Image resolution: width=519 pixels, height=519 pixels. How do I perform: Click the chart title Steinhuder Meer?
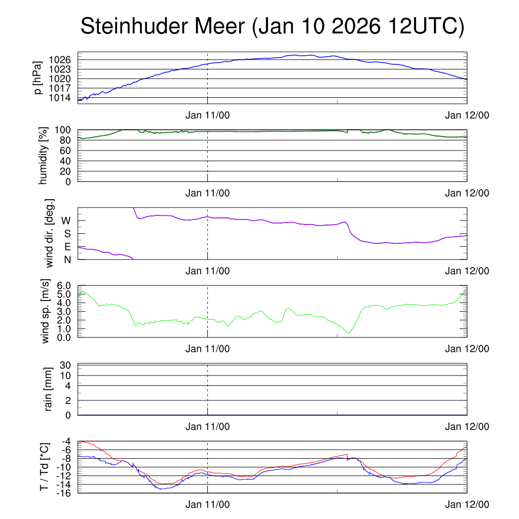point(272,27)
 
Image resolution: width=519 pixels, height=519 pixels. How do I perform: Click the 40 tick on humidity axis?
point(67,161)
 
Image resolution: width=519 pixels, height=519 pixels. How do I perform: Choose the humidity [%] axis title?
point(44,156)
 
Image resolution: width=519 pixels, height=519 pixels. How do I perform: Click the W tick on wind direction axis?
point(66,221)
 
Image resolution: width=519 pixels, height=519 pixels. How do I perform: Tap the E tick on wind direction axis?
point(67,247)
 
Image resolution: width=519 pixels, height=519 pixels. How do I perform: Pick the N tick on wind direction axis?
point(67,259)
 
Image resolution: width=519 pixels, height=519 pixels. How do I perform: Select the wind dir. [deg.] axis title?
point(50,233)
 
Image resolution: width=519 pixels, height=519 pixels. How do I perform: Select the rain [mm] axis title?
point(49,389)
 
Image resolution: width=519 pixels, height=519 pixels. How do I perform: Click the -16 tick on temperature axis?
point(64,492)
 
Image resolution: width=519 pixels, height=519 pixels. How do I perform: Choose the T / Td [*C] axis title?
point(45,467)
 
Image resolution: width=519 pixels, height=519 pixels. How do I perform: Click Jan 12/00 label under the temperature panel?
point(467,504)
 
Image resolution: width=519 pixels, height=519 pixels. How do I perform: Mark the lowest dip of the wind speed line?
point(349,332)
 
